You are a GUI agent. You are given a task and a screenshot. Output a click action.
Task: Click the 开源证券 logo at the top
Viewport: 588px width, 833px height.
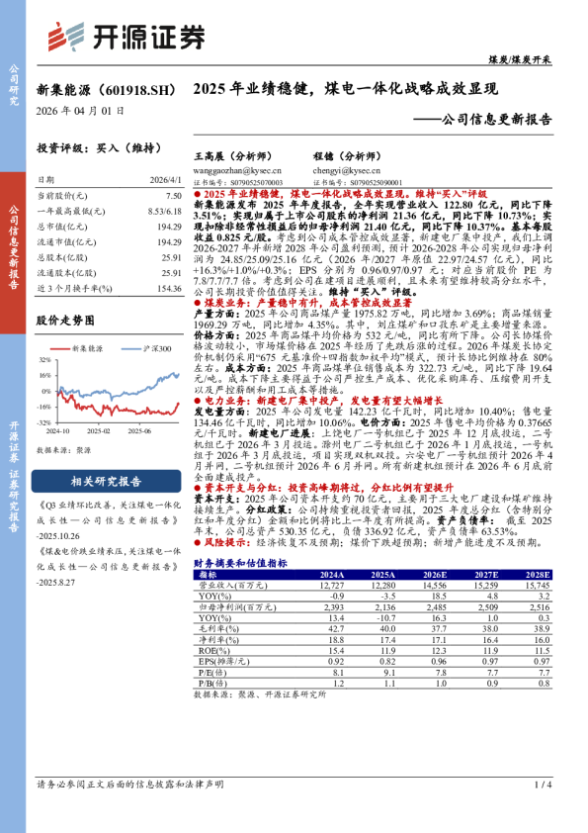tap(128, 36)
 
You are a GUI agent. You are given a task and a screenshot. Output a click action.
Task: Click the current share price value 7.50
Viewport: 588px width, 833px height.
tap(173, 197)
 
